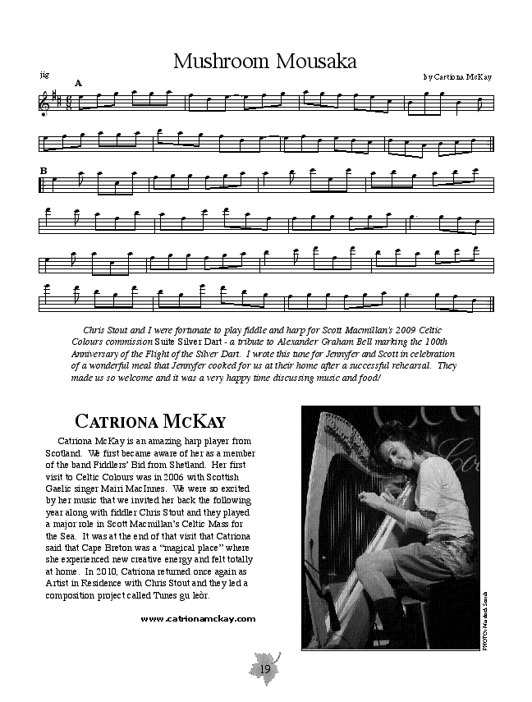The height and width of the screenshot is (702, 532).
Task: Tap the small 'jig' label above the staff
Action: pyautogui.click(x=44, y=75)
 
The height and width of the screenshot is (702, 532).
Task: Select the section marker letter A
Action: pyautogui.click(x=79, y=83)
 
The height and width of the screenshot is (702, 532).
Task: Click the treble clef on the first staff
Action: pyautogui.click(x=44, y=103)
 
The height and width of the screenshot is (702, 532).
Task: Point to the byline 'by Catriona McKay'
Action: pyautogui.click(x=458, y=76)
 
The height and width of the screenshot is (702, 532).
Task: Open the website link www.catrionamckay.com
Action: pyautogui.click(x=198, y=619)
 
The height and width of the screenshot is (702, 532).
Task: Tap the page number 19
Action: pyautogui.click(x=265, y=669)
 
